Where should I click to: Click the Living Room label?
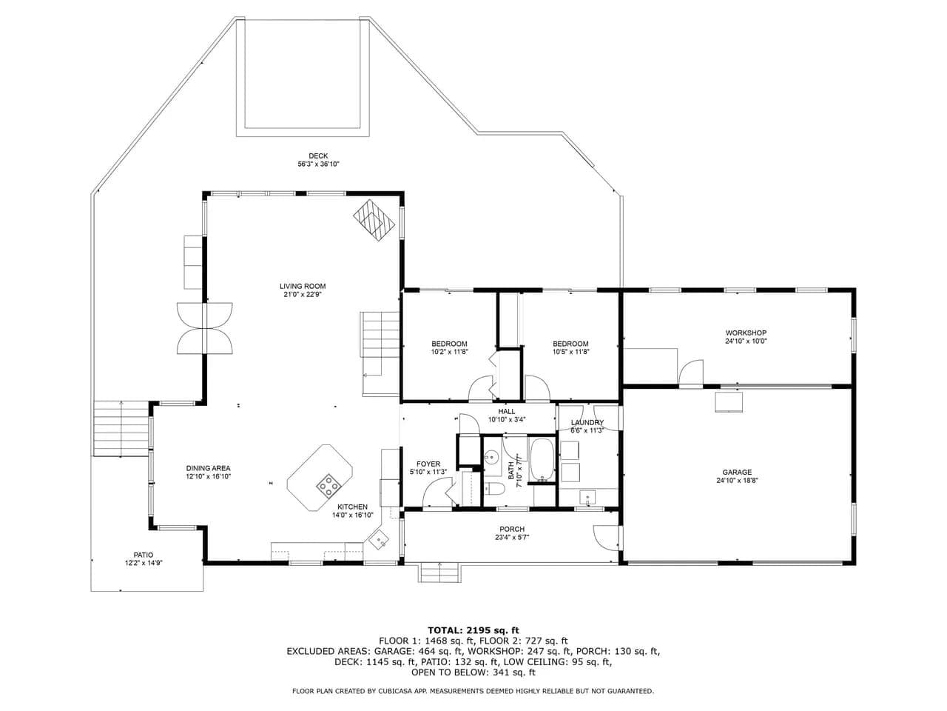pyautogui.click(x=303, y=286)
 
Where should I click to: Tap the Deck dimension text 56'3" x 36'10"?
pyautogui.click(x=318, y=164)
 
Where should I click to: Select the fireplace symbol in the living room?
pyautogui.click(x=374, y=220)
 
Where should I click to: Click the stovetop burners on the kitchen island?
pyautogui.click(x=329, y=486)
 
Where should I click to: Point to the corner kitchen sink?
pyautogui.click(x=378, y=541)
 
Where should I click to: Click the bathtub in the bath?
pyautogui.click(x=542, y=460)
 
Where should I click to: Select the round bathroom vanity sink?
pyautogui.click(x=491, y=456)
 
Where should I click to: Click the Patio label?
pyautogui.click(x=144, y=555)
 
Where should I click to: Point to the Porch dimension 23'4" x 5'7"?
pyautogui.click(x=512, y=538)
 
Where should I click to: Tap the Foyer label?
pyautogui.click(x=428, y=464)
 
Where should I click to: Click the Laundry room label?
pyautogui.click(x=587, y=422)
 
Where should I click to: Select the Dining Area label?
pyautogui.click(x=209, y=468)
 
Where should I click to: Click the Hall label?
pyautogui.click(x=507, y=411)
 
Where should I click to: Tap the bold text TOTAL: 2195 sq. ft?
pyautogui.click(x=473, y=630)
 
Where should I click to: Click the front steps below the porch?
pyautogui.click(x=439, y=573)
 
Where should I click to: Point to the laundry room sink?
pyautogui.click(x=587, y=497)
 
